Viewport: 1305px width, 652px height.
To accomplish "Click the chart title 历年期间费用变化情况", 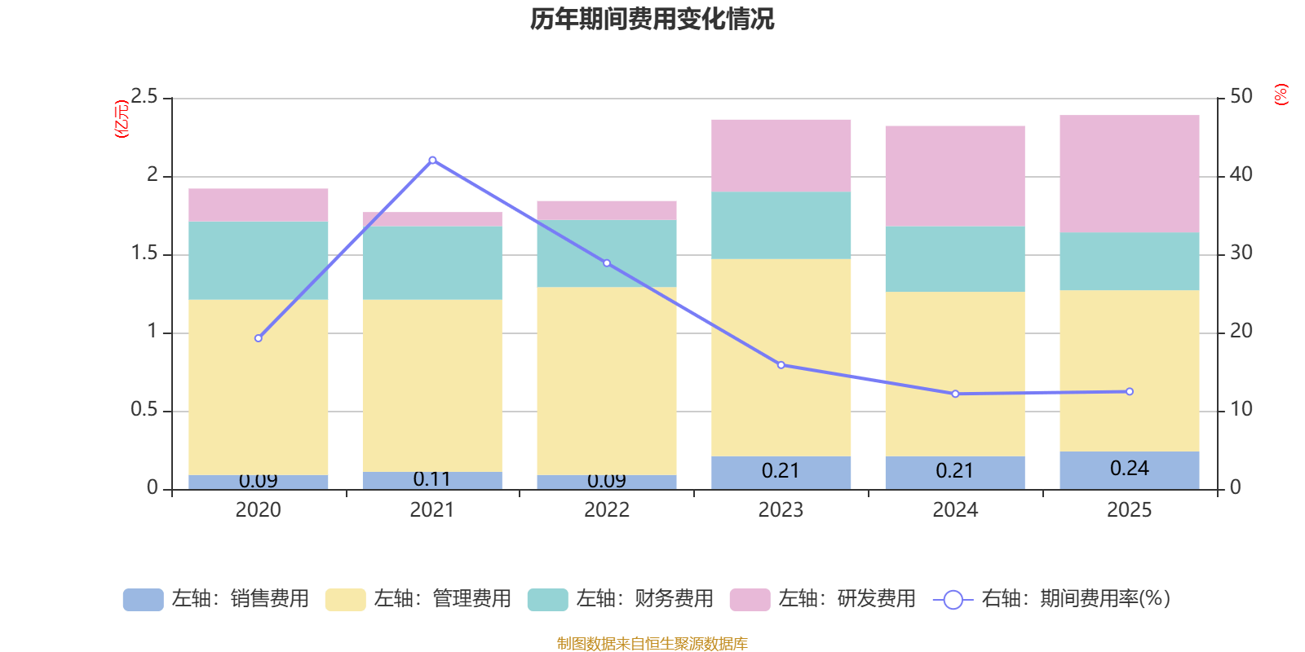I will (652, 19).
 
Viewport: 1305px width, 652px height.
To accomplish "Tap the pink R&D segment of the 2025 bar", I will (1129, 174).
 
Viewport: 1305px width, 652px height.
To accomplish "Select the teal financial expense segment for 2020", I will (258, 260).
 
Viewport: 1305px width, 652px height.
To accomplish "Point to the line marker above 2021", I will (432, 161).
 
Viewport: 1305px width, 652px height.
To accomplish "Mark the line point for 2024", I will (955, 394).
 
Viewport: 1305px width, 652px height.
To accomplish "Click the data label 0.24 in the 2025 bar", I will (1129, 469).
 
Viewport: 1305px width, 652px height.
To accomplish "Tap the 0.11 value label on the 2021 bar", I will (431, 479).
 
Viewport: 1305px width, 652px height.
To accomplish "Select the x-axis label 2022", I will (606, 510).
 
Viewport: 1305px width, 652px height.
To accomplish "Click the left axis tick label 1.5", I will (144, 253).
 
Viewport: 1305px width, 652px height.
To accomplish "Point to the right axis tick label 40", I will (1241, 174).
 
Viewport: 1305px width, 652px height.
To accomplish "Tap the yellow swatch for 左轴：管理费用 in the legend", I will (345, 600).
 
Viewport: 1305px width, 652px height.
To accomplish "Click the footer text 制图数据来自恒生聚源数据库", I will (652, 644).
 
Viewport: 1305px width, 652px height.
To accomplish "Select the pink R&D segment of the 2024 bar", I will (954, 175).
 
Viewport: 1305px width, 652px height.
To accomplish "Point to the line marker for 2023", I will (781, 365).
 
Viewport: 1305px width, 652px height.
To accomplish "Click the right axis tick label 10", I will (1241, 409).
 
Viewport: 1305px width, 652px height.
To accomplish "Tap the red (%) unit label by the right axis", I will (1281, 95).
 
